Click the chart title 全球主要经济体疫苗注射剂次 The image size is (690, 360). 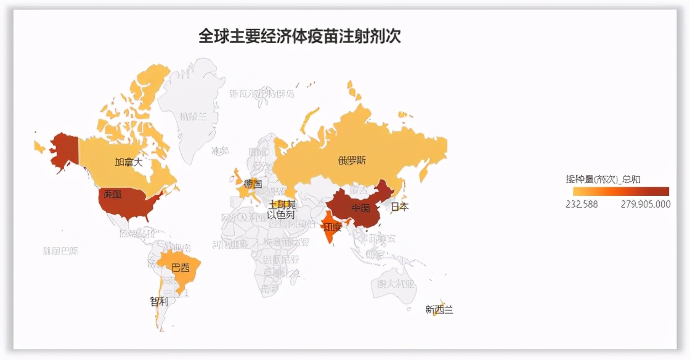pyautogui.click(x=299, y=36)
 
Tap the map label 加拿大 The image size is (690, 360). pyautogui.click(x=129, y=162)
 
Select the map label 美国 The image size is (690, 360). pyautogui.click(x=112, y=194)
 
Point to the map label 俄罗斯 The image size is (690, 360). pyautogui.click(x=352, y=161)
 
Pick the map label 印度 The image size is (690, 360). pyautogui.click(x=333, y=227)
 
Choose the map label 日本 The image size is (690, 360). pyautogui.click(x=400, y=207)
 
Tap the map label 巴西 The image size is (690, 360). pyautogui.click(x=181, y=268)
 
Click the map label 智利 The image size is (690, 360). pyautogui.click(x=158, y=301)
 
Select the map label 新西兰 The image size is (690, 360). pyautogui.click(x=439, y=309)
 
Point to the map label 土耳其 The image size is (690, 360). pyautogui.click(x=282, y=204)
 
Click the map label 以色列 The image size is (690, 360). pyautogui.click(x=281, y=215)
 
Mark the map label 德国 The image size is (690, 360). pyautogui.click(x=253, y=184)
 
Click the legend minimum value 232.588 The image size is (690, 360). pyautogui.click(x=582, y=205)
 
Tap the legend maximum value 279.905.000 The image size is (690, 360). pyautogui.click(x=645, y=205)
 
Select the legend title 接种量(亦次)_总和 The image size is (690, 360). pyautogui.click(x=603, y=179)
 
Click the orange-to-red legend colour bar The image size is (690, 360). pyautogui.click(x=617, y=191)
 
